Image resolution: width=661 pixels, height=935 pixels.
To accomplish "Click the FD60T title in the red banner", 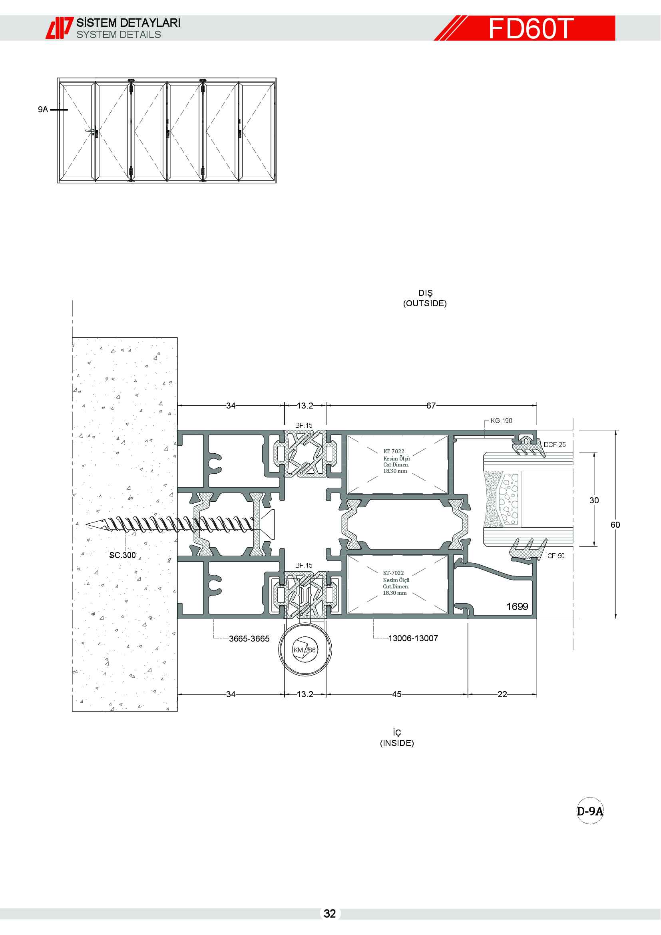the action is [x=531, y=28].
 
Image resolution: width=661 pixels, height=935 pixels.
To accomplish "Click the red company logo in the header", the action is [x=60, y=28].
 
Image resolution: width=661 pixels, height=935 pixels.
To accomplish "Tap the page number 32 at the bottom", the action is [x=330, y=913].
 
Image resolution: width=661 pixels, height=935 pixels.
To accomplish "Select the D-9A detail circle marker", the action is [x=590, y=811].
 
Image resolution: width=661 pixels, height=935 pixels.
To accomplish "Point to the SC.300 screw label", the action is [x=123, y=555].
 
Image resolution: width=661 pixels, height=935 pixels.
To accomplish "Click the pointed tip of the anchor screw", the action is [x=87, y=524].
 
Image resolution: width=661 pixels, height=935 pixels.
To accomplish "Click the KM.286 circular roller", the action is [x=305, y=650].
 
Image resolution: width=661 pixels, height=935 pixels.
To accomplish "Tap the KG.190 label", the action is [x=501, y=421].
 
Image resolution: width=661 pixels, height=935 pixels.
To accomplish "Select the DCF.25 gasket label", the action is [x=554, y=444].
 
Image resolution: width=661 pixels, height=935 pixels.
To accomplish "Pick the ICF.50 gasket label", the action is [x=555, y=556].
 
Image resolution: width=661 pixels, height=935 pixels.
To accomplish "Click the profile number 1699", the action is [x=517, y=606].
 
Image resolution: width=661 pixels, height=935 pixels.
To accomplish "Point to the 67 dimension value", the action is [x=431, y=406].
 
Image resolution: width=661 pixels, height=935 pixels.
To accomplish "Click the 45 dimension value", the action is [x=397, y=694].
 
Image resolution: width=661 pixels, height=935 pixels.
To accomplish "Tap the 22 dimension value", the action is [x=502, y=694].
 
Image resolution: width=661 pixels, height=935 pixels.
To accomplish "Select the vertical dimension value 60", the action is [x=615, y=524].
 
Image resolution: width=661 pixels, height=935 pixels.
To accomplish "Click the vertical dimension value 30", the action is [x=594, y=500].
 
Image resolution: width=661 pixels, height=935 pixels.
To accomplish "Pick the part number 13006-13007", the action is [x=413, y=638].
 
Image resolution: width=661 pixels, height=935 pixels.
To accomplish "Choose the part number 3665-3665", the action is [x=249, y=638].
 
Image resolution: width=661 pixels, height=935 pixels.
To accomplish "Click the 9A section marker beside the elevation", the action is [x=43, y=109].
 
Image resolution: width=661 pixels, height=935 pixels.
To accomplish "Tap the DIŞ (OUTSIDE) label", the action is [x=425, y=298].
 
